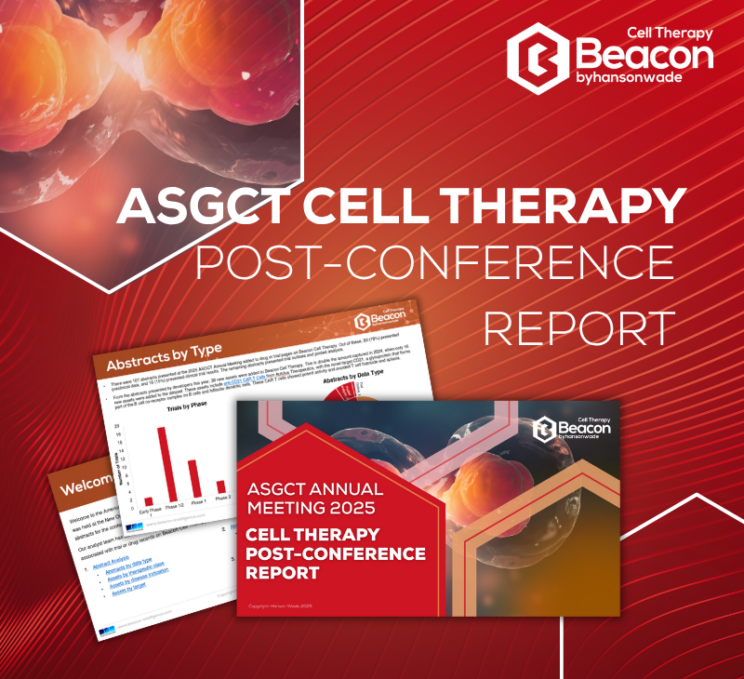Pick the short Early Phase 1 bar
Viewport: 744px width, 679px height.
click(147, 501)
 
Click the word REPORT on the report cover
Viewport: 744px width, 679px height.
click(282, 573)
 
